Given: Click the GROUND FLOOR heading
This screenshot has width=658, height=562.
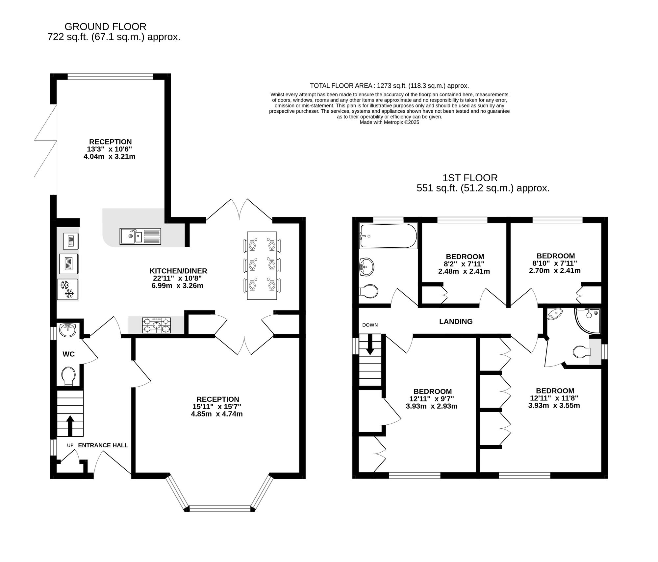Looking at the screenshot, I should pyautogui.click(x=105, y=26).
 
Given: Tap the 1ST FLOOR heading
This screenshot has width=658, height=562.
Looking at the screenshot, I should pyautogui.click(x=469, y=178).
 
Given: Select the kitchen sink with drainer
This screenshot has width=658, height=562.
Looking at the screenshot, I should pyautogui.click(x=140, y=236).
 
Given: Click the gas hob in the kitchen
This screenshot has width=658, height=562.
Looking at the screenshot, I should pyautogui.click(x=156, y=325).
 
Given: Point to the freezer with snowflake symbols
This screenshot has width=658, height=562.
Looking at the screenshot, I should pyautogui.click(x=67, y=289).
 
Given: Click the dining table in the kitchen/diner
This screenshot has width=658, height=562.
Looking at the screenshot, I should pyautogui.click(x=262, y=265).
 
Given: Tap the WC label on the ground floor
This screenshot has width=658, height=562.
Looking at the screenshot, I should pyautogui.click(x=68, y=354).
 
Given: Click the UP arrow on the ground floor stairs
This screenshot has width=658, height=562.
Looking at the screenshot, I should pyautogui.click(x=70, y=425).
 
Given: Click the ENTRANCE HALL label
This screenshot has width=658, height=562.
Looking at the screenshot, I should pyautogui.click(x=103, y=445).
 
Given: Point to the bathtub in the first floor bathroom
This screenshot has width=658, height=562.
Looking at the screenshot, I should pyautogui.click(x=388, y=236).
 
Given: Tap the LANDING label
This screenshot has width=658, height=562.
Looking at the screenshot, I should pyautogui.click(x=456, y=322).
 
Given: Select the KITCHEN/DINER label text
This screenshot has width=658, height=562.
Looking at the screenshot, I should pyautogui.click(x=178, y=271).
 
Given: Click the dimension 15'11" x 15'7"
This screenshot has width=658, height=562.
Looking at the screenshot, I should pyautogui.click(x=217, y=407).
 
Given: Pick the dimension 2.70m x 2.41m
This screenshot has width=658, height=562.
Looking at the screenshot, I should pyautogui.click(x=554, y=271).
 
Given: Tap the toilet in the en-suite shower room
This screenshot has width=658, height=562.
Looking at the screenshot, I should pyautogui.click(x=582, y=352).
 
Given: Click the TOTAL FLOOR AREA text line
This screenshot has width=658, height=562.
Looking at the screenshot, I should pyautogui.click(x=389, y=86).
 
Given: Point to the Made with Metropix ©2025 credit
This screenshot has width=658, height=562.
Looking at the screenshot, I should pyautogui.click(x=389, y=122).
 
